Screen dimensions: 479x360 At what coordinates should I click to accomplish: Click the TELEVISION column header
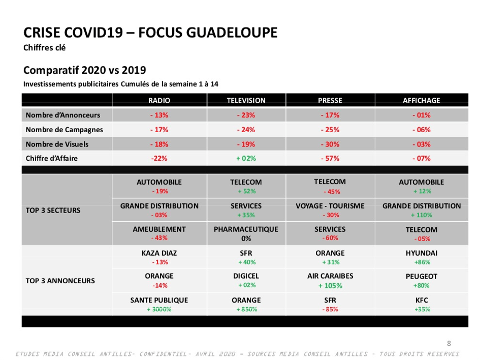tap(246, 100)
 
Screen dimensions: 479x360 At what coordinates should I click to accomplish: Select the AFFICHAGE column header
tap(421, 100)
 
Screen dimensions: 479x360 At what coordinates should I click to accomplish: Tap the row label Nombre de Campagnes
tap(64, 130)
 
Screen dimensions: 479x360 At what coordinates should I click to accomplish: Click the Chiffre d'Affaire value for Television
tap(246, 159)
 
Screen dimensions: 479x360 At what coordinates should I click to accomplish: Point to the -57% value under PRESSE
tap(330, 159)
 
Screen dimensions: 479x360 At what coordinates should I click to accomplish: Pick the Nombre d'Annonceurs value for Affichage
tap(421, 115)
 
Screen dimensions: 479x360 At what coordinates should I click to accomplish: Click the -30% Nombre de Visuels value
tap(330, 144)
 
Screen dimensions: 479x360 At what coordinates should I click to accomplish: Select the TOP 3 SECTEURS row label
tap(53, 211)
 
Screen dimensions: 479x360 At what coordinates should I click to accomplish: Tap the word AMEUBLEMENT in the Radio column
tap(159, 229)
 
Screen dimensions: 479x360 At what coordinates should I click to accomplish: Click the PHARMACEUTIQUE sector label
tap(246, 229)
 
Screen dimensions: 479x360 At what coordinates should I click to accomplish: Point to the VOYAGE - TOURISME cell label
tap(330, 206)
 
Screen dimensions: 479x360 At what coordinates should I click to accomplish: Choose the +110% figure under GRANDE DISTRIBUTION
tap(421, 215)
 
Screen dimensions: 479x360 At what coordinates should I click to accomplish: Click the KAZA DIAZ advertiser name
tap(159, 253)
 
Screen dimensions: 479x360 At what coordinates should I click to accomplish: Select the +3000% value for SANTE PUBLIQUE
tap(159, 309)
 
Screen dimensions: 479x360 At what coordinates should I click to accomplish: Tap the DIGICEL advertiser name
tap(246, 276)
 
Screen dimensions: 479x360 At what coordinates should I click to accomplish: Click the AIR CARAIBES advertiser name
tap(330, 276)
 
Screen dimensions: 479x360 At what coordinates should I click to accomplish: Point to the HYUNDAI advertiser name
tap(421, 253)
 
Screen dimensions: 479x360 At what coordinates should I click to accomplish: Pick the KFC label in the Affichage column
tap(422, 301)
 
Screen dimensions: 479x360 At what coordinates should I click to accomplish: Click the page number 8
tap(449, 344)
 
